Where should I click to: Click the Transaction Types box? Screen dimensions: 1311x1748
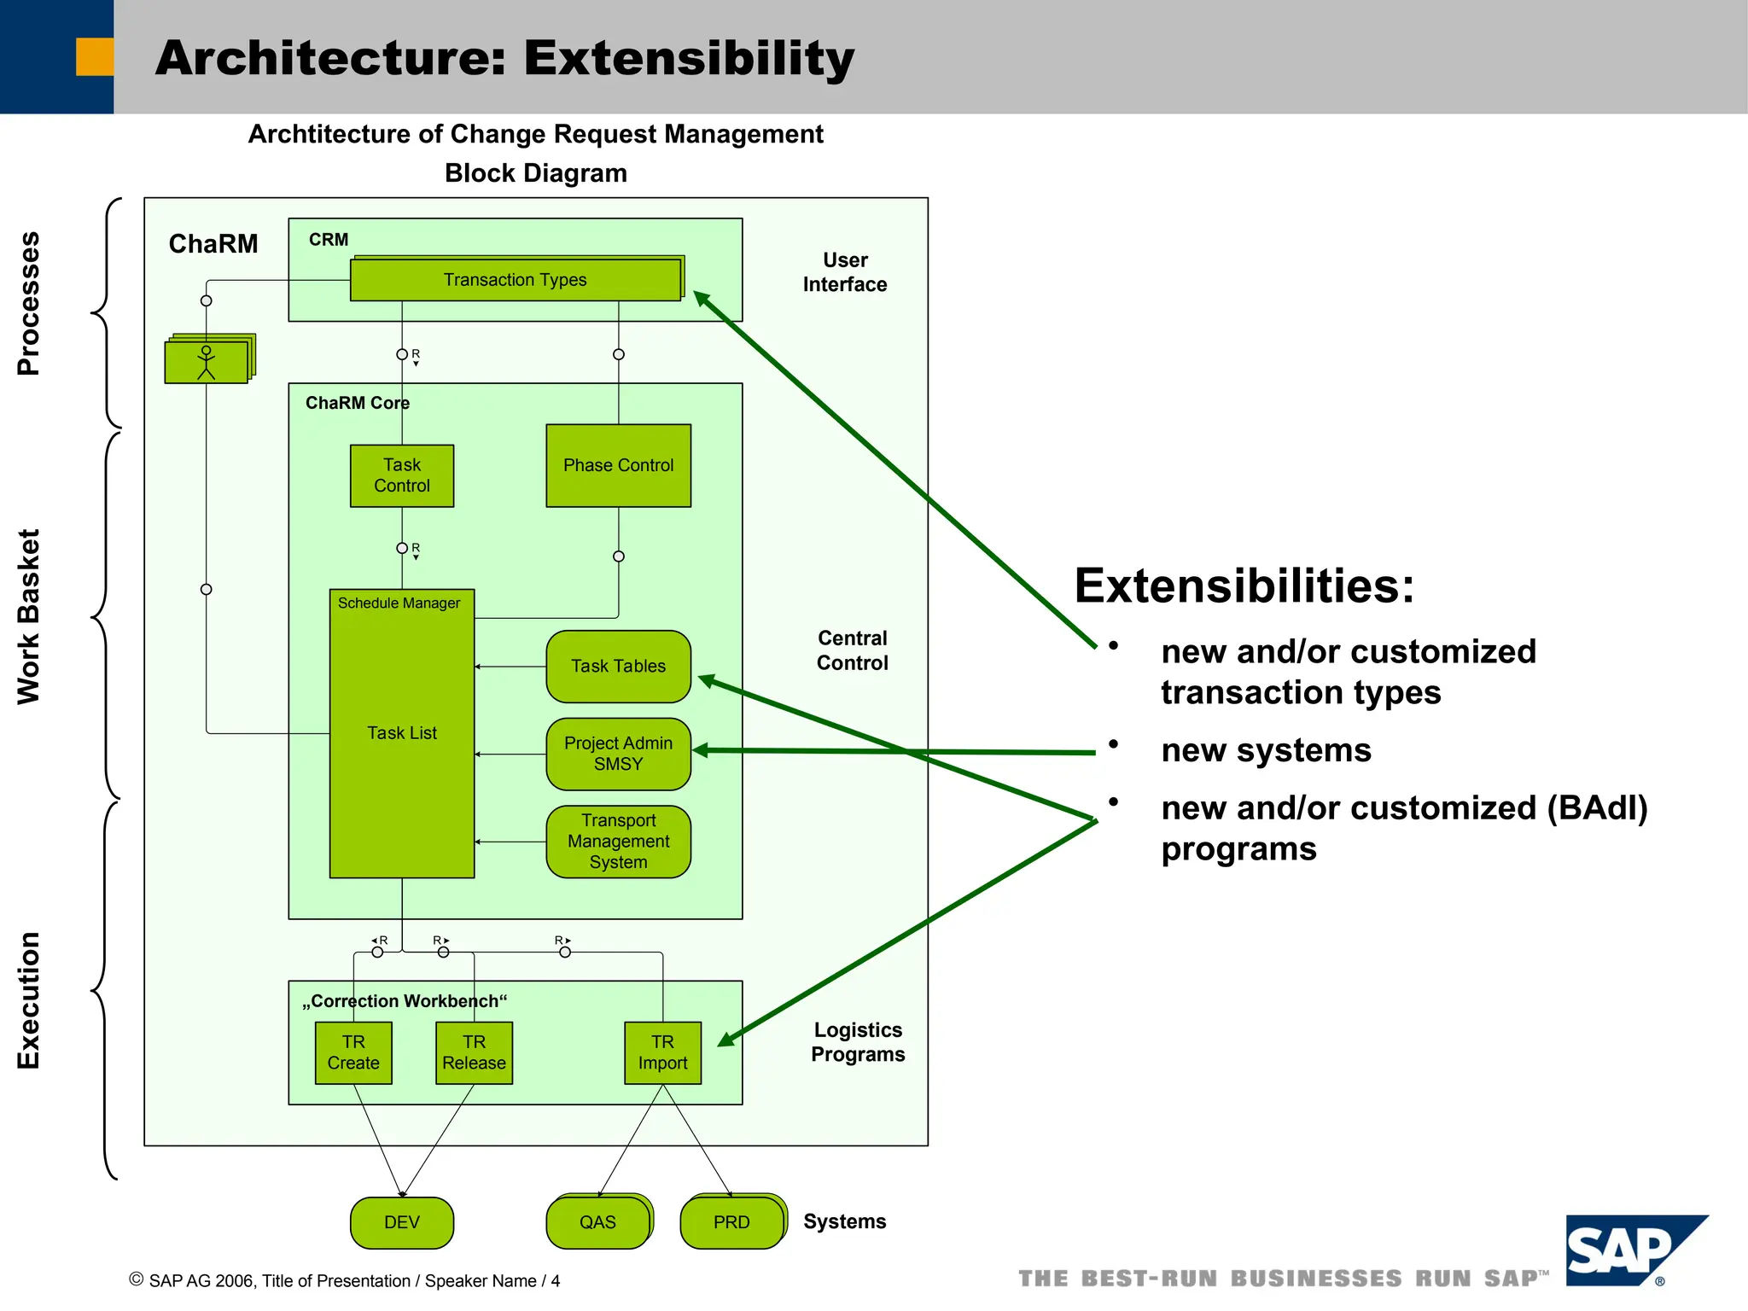coord(515,280)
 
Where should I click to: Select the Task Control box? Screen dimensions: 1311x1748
coord(402,475)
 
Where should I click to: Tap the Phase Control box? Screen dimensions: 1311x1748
coord(618,465)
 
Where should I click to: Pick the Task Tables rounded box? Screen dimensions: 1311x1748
coord(618,666)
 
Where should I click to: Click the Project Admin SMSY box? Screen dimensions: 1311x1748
coord(618,754)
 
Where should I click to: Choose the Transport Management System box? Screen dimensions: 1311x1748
coord(618,842)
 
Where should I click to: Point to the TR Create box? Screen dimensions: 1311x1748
coord(353,1052)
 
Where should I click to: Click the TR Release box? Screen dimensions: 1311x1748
coord(474,1052)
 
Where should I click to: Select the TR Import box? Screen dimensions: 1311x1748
coord(662,1052)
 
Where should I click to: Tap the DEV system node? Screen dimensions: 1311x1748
coord(402,1222)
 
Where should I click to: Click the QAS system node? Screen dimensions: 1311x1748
coord(597,1222)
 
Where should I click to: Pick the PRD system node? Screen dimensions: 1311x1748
coord(731,1222)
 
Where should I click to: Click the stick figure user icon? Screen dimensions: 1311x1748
coord(207,362)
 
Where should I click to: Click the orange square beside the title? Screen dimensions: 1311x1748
coord(95,57)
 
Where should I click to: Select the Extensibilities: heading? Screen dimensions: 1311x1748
coord(1244,586)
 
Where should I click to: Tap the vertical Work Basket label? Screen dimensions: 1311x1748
coord(29,616)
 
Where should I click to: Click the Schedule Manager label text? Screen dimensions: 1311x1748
coord(399,603)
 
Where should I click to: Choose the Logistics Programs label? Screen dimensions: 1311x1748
coord(858,1042)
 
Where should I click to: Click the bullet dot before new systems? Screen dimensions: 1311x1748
coord(1113,744)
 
